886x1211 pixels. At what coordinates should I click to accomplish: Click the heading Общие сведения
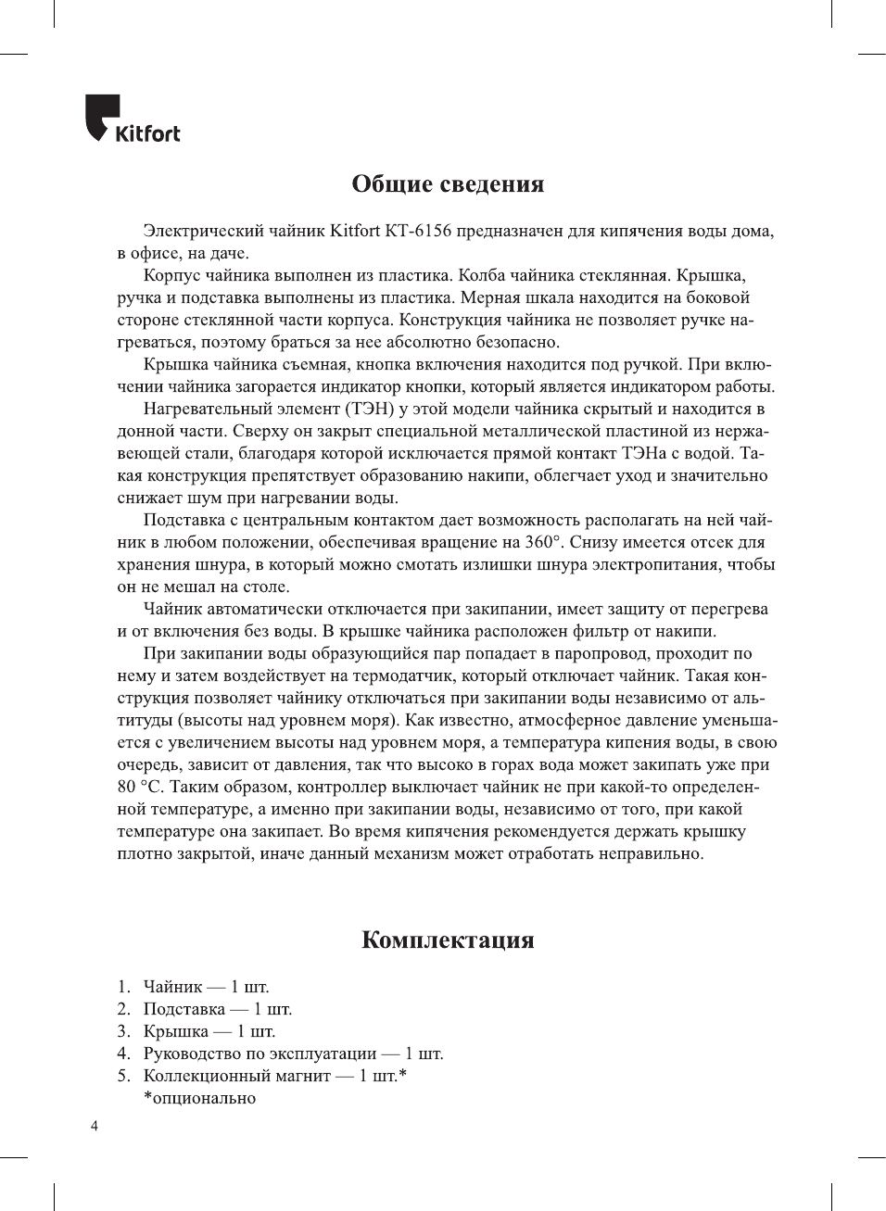tap(448, 183)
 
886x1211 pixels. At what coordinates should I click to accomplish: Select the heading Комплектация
tap(448, 940)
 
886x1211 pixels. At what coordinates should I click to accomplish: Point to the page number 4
tap(94, 1126)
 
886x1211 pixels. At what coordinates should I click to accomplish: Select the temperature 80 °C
tap(140, 787)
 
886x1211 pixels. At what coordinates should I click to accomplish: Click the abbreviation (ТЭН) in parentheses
tap(374, 409)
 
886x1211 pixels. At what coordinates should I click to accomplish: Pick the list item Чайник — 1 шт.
tap(206, 987)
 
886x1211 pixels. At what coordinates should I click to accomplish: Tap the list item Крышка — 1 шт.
tap(209, 1031)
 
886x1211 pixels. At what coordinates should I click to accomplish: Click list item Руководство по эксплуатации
tap(293, 1053)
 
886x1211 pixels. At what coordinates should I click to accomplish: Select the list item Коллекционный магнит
tap(274, 1076)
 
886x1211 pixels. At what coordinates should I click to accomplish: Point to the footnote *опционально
tap(199, 1098)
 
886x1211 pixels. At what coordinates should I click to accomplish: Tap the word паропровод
tap(601, 653)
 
